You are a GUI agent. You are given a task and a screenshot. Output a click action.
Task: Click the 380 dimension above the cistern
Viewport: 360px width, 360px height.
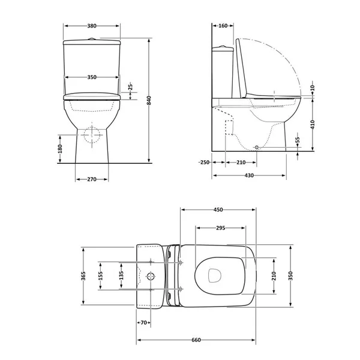pos(92,26)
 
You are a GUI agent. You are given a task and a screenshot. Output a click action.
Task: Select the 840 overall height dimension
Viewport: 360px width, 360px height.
pos(149,100)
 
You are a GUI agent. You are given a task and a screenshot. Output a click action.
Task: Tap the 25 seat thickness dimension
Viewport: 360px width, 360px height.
pos(130,86)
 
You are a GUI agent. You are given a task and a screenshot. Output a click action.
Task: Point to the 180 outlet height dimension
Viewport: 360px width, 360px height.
pos(60,149)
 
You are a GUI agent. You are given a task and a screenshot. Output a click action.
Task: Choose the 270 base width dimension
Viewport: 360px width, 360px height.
pos(92,179)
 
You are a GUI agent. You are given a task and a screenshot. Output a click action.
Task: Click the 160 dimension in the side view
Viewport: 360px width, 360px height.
pos(223,26)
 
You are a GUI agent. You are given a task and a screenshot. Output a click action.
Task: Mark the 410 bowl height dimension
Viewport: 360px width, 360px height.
pos(313,124)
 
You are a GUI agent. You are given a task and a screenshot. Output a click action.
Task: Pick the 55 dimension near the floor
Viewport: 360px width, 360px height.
pos(298,140)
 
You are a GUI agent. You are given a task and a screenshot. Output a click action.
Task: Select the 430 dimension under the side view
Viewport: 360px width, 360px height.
pos(249,176)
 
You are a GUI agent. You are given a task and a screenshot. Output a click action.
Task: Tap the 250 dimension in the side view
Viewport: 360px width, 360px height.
pos(204,163)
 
